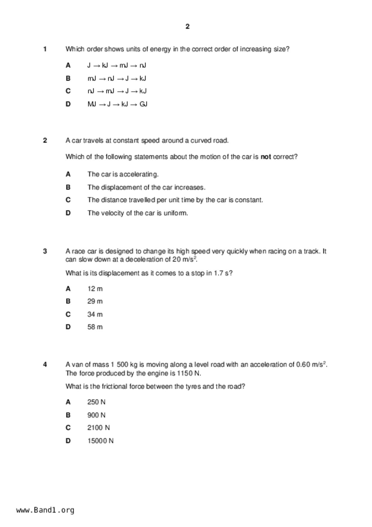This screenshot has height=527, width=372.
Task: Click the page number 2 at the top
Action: click(187, 27)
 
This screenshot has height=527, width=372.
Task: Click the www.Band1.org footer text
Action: click(45, 510)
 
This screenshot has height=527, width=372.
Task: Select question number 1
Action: click(45, 49)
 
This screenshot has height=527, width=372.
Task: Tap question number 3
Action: click(45, 251)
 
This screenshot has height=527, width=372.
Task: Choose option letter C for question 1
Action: click(68, 91)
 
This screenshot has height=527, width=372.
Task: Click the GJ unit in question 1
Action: click(143, 104)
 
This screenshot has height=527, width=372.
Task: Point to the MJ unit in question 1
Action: click(92, 104)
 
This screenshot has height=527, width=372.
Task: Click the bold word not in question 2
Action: click(266, 157)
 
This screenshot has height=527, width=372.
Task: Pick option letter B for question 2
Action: click(68, 187)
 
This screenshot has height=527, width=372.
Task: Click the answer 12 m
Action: click(95, 289)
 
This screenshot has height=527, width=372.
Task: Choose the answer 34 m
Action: click(95, 315)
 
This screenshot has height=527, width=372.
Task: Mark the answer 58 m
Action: click(95, 327)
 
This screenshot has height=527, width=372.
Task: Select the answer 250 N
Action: click(96, 402)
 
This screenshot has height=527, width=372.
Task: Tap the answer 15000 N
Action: click(100, 441)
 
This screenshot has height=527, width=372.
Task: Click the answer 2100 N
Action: click(98, 428)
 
